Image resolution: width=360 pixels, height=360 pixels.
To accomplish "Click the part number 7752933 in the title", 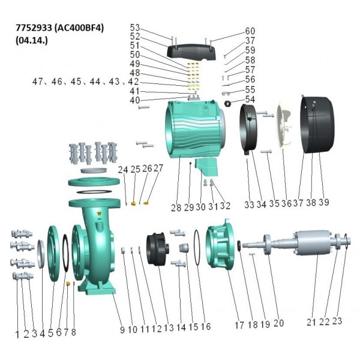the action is (x=34, y=28).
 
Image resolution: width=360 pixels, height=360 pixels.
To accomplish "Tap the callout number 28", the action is (x=176, y=208).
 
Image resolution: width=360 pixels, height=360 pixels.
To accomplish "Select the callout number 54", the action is (x=250, y=100).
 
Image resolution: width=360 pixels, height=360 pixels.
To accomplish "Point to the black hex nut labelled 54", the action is (x=227, y=104).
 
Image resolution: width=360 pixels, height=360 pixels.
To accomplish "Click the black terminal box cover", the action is (x=192, y=52).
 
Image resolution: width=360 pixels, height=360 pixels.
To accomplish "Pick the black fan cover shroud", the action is (x=317, y=125).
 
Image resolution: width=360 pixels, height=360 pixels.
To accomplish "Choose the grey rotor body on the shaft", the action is (x=312, y=242).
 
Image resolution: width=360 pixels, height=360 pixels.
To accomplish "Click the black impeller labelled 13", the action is (x=157, y=249).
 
